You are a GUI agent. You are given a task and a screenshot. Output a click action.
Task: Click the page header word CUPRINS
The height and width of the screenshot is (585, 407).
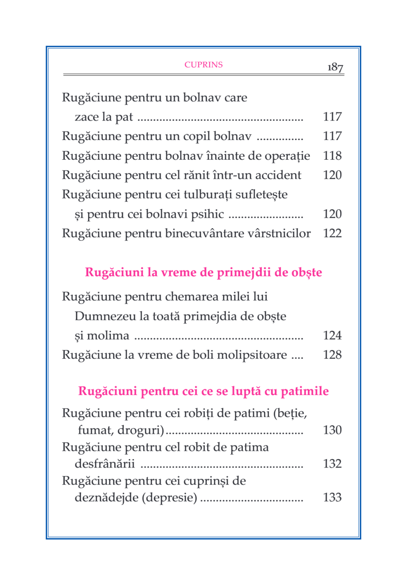204,64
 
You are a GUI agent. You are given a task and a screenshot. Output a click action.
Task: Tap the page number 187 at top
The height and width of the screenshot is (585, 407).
335,67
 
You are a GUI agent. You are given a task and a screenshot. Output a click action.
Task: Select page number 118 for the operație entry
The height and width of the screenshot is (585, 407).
332,156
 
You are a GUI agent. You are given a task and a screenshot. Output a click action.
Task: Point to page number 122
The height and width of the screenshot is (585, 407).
332,233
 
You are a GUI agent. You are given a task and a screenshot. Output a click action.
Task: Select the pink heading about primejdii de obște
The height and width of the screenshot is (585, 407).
203,273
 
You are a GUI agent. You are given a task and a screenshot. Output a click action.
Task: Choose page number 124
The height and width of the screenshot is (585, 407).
332,336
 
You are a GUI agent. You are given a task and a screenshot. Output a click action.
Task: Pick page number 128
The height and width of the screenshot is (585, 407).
332,355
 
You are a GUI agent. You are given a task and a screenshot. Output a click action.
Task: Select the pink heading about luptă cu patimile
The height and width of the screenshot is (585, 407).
203,391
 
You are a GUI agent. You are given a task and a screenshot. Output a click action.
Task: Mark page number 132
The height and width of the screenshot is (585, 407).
332,464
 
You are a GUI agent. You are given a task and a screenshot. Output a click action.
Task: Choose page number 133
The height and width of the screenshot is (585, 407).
332,498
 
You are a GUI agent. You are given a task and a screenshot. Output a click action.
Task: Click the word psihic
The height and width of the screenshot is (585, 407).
209,214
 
